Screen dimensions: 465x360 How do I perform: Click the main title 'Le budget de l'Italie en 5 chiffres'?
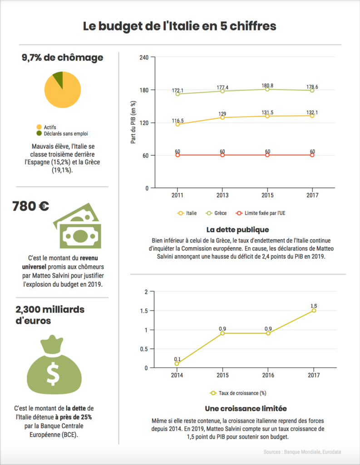click(180, 26)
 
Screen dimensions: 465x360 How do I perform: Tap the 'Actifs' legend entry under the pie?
click(50, 127)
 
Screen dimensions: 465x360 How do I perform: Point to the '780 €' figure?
click(31, 207)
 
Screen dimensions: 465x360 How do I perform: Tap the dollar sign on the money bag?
click(53, 373)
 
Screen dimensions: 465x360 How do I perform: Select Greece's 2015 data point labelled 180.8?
click(267, 89)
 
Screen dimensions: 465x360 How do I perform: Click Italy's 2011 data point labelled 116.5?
click(178, 124)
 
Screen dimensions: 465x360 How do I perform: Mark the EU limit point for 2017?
click(312, 155)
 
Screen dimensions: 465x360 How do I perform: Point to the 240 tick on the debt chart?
click(144, 57)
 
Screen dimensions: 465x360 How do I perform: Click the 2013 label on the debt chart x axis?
click(222, 195)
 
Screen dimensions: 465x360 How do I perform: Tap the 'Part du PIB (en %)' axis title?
click(133, 123)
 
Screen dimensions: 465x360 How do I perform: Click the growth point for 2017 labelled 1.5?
click(313, 310)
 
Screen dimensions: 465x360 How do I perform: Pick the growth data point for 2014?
click(177, 364)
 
